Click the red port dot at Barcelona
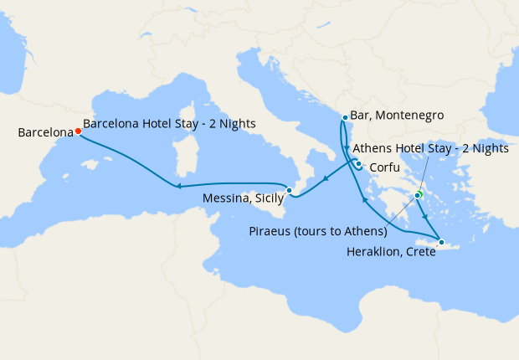78,131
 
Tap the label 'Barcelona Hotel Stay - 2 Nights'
170,123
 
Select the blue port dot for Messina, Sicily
289,191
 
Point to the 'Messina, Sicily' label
244,199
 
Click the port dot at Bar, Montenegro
345,117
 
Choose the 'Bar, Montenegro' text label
397,115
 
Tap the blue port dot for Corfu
358,164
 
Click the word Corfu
383,167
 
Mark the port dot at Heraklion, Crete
441,243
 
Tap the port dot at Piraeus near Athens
417,197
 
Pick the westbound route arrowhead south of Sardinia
176,186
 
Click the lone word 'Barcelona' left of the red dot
44,132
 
